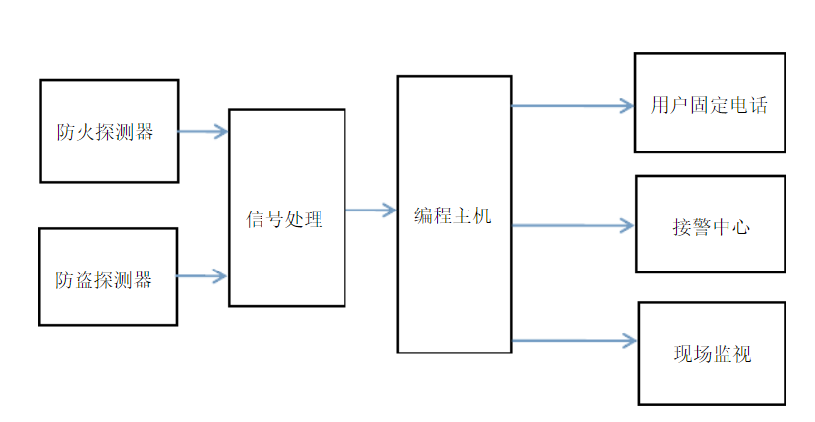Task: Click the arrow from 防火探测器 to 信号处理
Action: pos(204,132)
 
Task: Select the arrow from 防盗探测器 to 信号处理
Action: pos(203,277)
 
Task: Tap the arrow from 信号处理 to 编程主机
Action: pos(371,210)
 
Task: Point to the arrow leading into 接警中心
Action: pos(573,226)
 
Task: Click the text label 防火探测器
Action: pos(105,132)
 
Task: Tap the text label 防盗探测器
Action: pos(104,280)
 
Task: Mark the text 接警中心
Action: pos(710,227)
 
